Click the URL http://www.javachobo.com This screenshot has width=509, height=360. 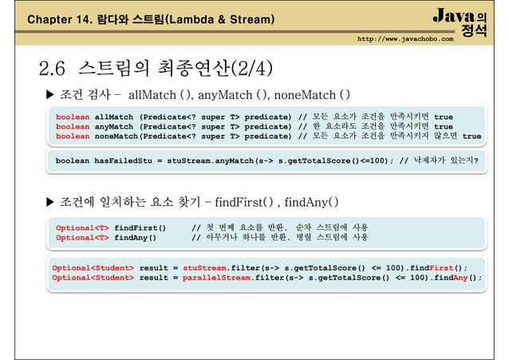click(404, 38)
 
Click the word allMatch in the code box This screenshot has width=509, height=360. click(115, 117)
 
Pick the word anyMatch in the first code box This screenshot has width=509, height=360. click(115, 126)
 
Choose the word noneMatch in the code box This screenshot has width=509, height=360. click(117, 136)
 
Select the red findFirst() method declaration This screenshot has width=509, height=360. click(140, 227)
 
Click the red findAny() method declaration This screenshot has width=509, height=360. click(135, 237)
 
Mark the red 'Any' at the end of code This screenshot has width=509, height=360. click(462, 278)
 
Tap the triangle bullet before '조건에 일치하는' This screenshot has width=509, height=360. click(52, 200)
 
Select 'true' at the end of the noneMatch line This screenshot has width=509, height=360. click(472, 136)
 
